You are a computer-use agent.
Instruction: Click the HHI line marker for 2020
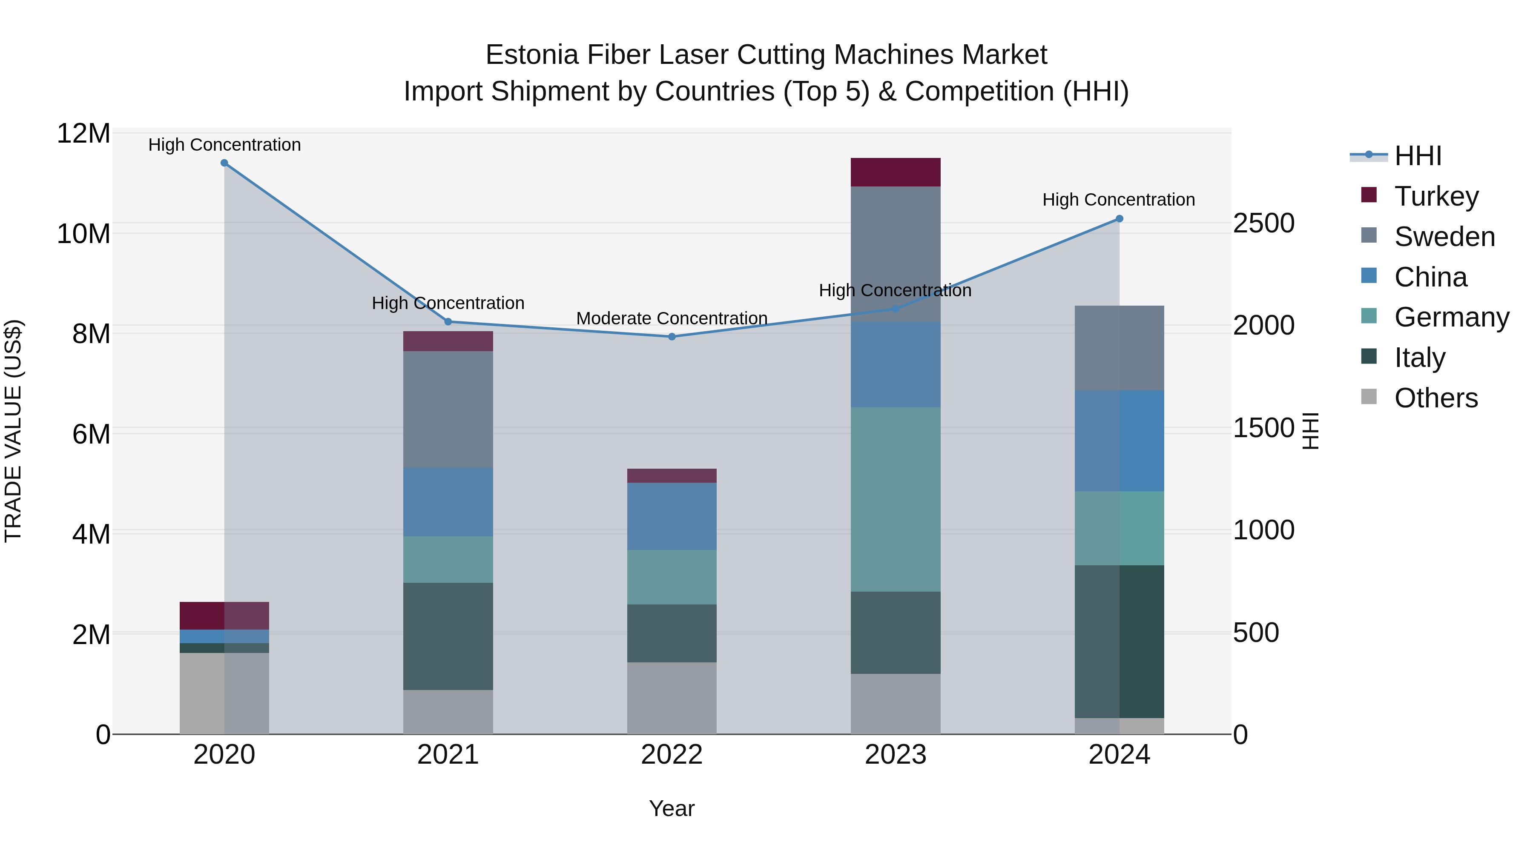tap(224, 163)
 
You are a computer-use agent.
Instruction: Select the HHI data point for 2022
tap(672, 337)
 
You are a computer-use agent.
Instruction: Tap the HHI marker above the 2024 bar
tap(1120, 219)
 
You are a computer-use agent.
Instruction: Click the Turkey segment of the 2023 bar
tap(896, 172)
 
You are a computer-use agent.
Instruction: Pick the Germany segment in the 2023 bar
tap(896, 499)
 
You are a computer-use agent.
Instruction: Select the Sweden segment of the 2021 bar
tap(448, 409)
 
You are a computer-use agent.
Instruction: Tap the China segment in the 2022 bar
tap(672, 516)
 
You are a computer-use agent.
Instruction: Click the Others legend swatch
tap(1369, 397)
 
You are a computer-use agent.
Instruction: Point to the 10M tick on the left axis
tap(83, 234)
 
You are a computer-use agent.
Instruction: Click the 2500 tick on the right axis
tap(1263, 223)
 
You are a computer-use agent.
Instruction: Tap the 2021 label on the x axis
tap(448, 755)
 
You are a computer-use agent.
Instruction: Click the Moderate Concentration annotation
tap(672, 318)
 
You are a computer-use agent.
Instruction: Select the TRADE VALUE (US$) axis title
tap(13, 431)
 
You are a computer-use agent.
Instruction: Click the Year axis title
tap(672, 808)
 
